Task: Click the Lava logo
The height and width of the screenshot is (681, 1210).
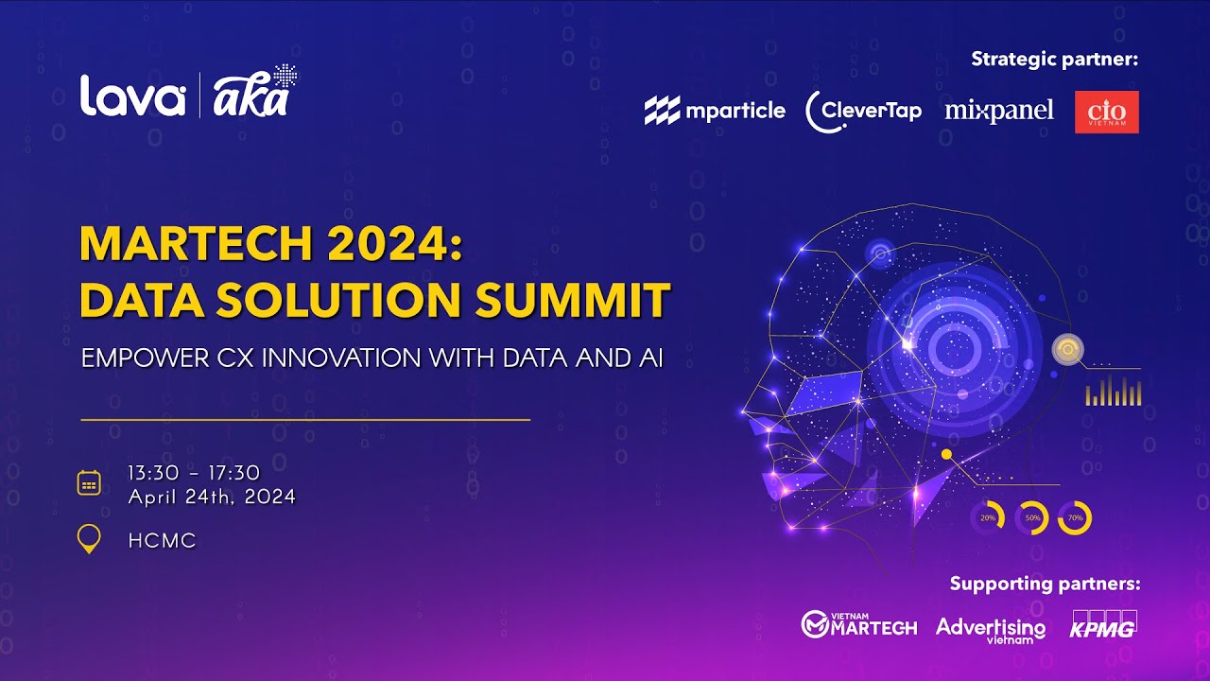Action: pyautogui.click(x=132, y=96)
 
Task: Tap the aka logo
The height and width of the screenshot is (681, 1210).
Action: pyautogui.click(x=251, y=95)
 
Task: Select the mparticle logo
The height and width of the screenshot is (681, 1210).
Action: pyautogui.click(x=715, y=111)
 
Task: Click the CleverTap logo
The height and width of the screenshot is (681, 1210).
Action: pyautogui.click(x=863, y=112)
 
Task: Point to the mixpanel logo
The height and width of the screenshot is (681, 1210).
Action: pyautogui.click(x=999, y=111)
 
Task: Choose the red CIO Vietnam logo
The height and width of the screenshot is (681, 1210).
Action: pyautogui.click(x=1107, y=112)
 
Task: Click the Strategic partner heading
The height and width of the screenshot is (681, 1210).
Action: pyautogui.click(x=1055, y=60)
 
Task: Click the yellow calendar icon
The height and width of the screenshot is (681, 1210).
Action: pyautogui.click(x=89, y=483)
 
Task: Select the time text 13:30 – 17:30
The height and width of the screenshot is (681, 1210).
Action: pyautogui.click(x=194, y=473)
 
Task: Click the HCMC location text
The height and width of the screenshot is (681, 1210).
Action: pyautogui.click(x=163, y=541)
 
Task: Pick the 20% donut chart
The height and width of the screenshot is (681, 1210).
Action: pyautogui.click(x=987, y=518)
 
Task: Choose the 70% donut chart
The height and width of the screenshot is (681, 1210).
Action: pyautogui.click(x=1075, y=518)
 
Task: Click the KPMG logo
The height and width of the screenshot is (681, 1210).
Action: pyautogui.click(x=1103, y=625)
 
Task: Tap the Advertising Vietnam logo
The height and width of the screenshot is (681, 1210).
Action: pyautogui.click(x=991, y=629)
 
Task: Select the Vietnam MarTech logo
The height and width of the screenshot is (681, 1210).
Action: pyautogui.click(x=858, y=623)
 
